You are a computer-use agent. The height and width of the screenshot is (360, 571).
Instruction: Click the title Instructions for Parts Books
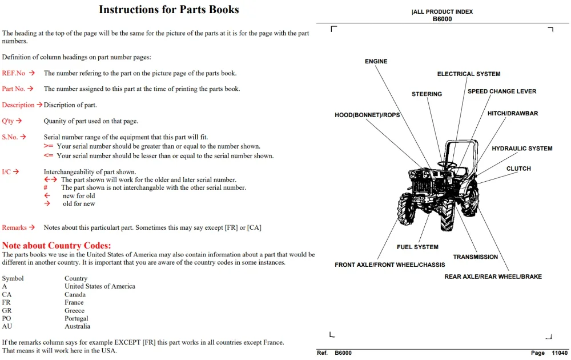coord(169,10)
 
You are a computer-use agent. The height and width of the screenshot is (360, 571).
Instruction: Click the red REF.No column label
coord(14,73)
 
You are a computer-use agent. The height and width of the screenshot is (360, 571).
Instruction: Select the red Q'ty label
coord(7,121)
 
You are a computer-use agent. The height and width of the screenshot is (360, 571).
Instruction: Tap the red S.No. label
coord(10,137)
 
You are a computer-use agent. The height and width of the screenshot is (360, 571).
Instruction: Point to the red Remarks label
coord(14,227)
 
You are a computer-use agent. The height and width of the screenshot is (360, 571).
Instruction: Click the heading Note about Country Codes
coord(57,245)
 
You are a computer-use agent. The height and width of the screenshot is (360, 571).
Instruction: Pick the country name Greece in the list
coord(74,310)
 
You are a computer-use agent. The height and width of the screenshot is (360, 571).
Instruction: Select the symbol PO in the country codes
coord(6,318)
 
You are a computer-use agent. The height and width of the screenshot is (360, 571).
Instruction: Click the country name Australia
coord(77,326)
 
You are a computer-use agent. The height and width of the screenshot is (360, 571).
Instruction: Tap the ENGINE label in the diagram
coord(376,62)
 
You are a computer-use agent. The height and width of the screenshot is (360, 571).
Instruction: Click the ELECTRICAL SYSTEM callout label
coord(469,74)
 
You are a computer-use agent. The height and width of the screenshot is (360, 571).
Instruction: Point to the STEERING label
coord(427,94)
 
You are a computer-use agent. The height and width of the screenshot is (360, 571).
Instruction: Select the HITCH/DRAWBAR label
coord(513,113)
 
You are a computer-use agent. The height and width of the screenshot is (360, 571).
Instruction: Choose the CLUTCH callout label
coord(518,169)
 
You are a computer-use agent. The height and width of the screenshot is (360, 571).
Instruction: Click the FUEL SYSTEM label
coord(418,247)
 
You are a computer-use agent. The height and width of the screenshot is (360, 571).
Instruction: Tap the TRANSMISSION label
coord(475,257)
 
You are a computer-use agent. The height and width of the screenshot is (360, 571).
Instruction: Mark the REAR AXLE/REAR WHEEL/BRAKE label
coord(493,277)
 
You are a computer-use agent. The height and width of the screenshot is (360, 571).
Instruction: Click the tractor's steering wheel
coord(447,165)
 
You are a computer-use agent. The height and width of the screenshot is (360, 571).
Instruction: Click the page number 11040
coord(560,353)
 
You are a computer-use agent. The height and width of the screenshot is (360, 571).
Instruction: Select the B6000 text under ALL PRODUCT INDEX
coord(442,19)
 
